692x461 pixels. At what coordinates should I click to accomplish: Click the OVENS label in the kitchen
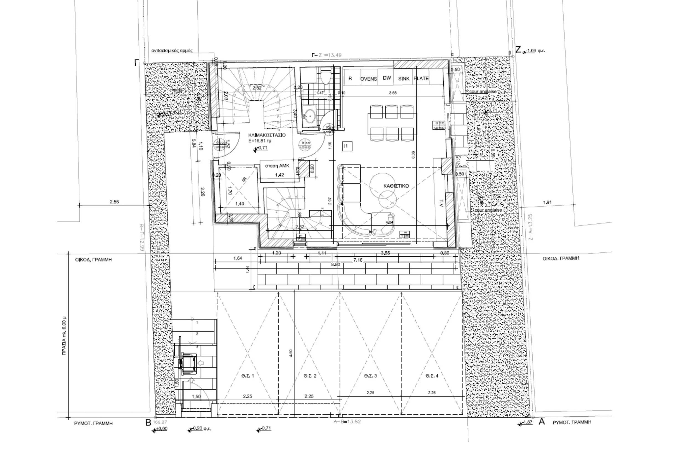(x=368, y=79)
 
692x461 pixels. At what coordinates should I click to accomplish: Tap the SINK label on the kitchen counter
(x=404, y=79)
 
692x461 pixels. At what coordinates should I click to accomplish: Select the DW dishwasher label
(x=387, y=78)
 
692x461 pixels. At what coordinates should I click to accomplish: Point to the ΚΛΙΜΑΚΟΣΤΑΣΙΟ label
(x=267, y=135)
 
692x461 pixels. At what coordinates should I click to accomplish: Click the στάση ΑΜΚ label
(x=277, y=166)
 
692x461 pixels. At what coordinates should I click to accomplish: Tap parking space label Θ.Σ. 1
(x=248, y=376)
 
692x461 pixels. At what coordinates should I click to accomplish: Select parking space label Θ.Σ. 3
(x=370, y=376)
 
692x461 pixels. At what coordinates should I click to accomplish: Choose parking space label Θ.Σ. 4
(x=432, y=376)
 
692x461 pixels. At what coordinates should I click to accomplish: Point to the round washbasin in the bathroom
(x=310, y=115)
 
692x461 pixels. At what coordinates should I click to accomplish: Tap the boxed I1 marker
(x=347, y=146)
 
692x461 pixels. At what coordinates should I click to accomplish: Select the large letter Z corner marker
(x=518, y=50)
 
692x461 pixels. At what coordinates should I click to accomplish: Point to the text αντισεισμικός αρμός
(x=172, y=51)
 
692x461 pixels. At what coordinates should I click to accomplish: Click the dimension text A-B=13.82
(x=347, y=422)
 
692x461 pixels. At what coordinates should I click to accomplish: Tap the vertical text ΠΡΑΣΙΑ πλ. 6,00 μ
(x=64, y=337)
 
